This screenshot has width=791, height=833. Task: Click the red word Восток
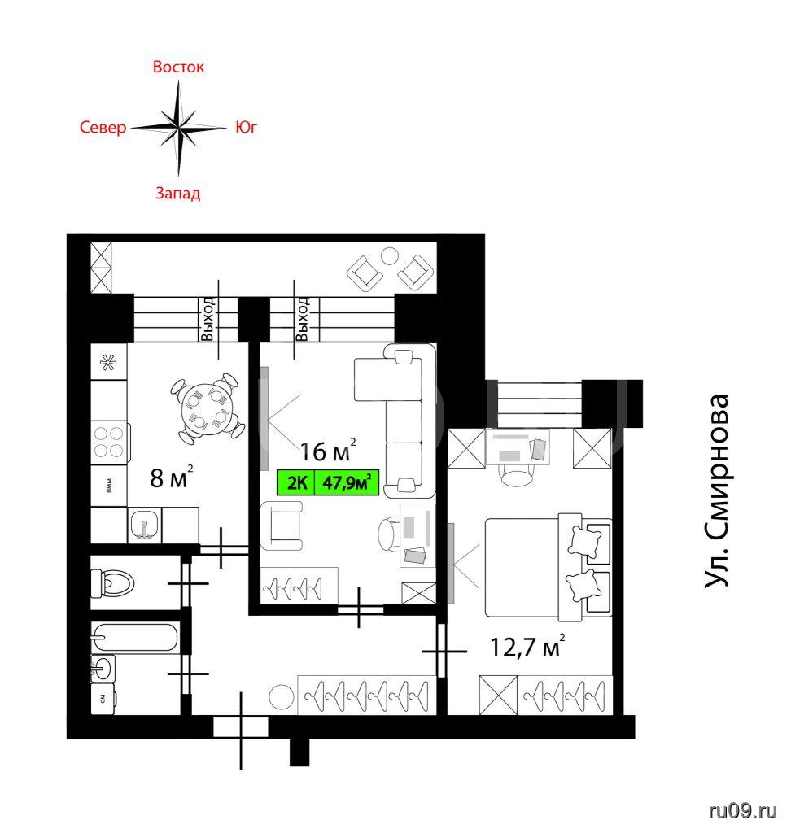point(178,67)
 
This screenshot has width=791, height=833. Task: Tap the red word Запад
point(177,193)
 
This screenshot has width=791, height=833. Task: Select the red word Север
point(103,128)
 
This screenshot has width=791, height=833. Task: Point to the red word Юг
point(246,128)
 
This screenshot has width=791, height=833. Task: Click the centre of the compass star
point(179,128)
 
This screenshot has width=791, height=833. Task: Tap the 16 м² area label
point(327,451)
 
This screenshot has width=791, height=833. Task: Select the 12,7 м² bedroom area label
point(527,646)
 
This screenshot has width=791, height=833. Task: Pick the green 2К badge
point(296,483)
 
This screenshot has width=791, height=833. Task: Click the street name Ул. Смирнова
point(716,490)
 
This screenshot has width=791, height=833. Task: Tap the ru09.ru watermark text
point(743,811)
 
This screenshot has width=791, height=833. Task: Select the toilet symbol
point(112,582)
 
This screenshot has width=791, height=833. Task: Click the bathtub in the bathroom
point(134,637)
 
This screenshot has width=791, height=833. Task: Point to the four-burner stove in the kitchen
point(110,442)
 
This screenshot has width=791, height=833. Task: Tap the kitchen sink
point(144,525)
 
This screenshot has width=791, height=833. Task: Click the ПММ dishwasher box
point(109,486)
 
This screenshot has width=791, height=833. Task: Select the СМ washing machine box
point(103,698)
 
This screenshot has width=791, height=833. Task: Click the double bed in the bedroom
point(548,568)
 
